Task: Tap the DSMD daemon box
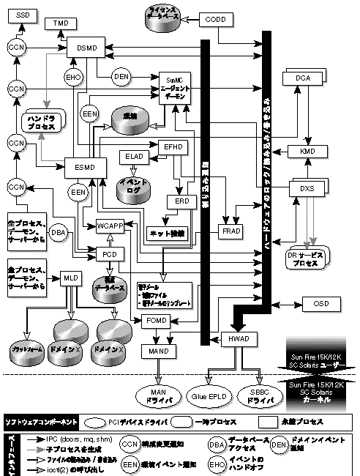point(85,48)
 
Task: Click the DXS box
point(307,188)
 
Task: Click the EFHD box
point(173,146)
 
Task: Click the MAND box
point(156,352)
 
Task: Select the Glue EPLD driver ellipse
point(209,393)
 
